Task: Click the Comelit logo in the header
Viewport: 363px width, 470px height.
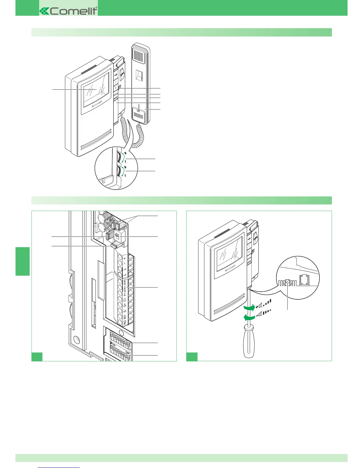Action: [x=69, y=11]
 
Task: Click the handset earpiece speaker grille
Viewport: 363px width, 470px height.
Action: [x=138, y=55]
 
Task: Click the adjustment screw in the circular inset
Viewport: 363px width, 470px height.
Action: [x=287, y=281]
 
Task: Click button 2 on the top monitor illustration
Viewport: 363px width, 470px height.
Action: [x=115, y=88]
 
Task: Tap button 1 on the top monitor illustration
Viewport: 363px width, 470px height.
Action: [x=115, y=82]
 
